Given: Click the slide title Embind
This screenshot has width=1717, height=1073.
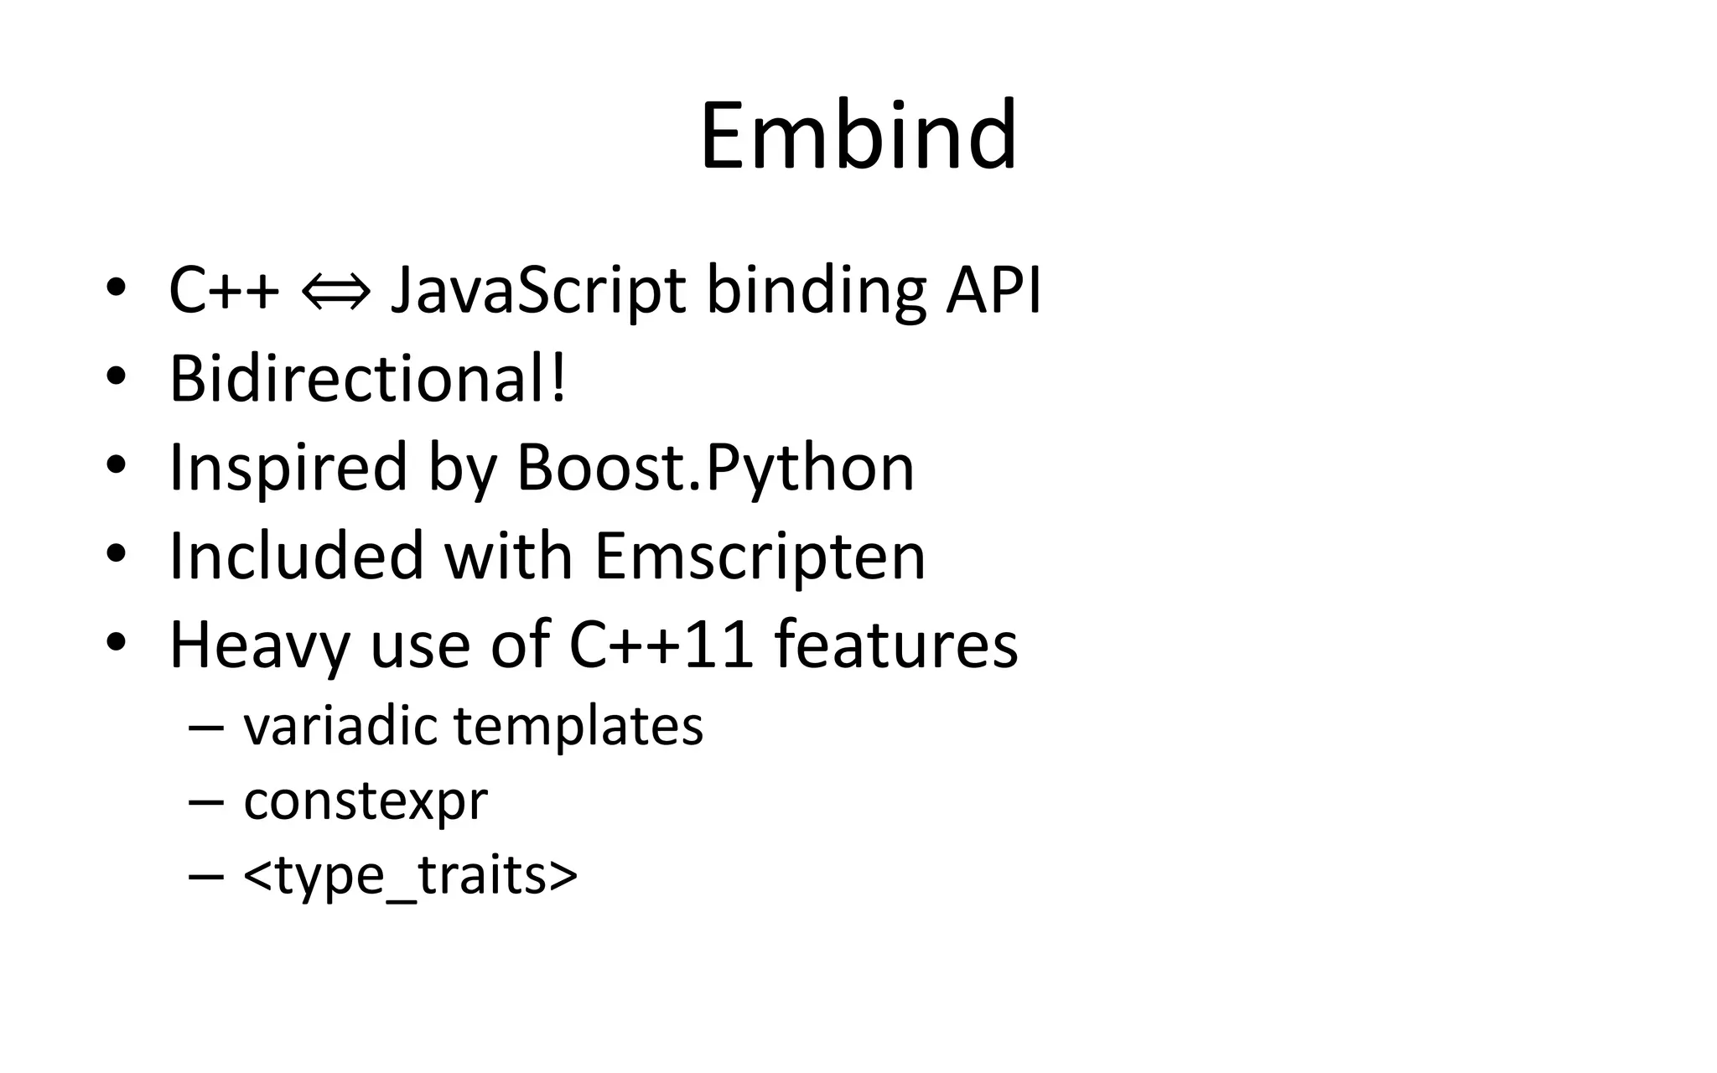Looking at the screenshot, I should coord(858,136).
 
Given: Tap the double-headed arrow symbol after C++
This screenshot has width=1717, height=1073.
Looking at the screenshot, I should coord(335,292).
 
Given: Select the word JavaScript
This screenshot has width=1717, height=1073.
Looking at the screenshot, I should coord(538,292).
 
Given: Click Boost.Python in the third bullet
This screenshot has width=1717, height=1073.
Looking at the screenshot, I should coord(715,468).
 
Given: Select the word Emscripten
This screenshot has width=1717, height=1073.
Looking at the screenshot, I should coord(760,556).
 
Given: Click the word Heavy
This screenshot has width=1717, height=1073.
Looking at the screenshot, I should coord(259,645).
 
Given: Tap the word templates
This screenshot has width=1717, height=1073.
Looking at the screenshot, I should coord(578,727).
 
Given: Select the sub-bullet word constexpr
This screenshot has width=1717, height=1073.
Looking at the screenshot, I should coord(366,801).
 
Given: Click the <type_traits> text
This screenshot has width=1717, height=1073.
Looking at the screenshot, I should coord(410,876).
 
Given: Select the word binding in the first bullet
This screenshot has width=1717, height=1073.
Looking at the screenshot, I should coord(816,292).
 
